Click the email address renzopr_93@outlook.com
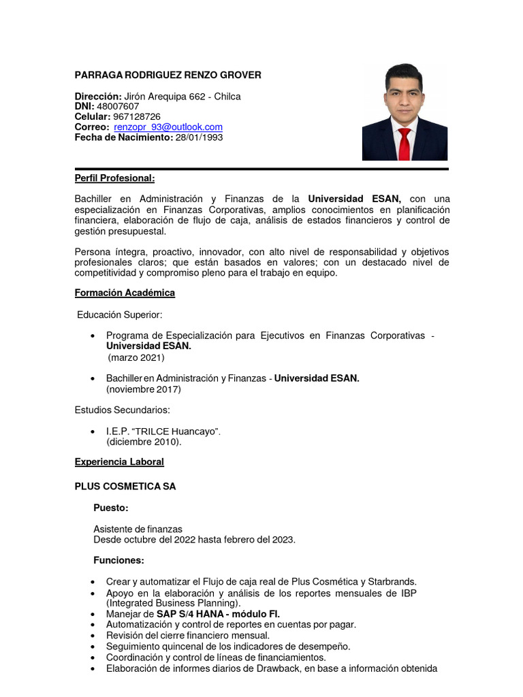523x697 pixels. pos(168,127)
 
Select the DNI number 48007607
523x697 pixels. pos(118,106)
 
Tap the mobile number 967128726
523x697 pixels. pos(137,116)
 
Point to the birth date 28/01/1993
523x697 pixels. pos(199,137)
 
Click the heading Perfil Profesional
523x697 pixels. pos(114,178)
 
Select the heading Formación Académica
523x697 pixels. pos(125,293)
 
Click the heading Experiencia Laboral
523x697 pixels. pos(119,461)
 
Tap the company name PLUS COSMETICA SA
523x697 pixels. pos(125,486)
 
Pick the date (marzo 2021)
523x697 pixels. pos(136,357)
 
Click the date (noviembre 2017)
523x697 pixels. pos(143,389)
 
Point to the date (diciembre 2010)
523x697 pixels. pos(144,442)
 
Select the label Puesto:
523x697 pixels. pos(110,508)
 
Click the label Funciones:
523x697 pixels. pos(118,560)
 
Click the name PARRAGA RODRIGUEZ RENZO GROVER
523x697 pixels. pos(168,75)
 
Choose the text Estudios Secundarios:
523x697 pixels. pos(122,410)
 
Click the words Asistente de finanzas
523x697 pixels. pos(138,529)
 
